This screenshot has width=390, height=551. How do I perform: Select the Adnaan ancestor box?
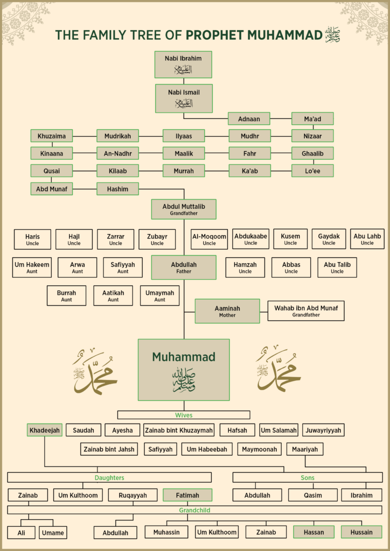coord(249,118)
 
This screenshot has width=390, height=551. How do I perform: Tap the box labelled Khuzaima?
coord(52,136)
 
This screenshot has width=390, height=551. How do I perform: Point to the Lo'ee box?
coord(312,171)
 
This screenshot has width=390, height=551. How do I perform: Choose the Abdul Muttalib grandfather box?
coord(184,209)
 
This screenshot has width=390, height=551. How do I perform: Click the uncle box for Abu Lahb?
coord(367,239)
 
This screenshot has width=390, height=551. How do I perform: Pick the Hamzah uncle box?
coord(245,267)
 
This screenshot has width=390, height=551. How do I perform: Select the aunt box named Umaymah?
coord(160,295)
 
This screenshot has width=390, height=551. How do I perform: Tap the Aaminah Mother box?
coord(227,311)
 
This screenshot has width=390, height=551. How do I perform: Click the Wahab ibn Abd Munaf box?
coord(305,311)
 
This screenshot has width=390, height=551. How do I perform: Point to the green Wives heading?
coord(184,415)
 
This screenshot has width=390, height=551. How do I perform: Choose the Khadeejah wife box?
coord(44,430)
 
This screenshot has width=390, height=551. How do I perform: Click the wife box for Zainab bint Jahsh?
coord(109,449)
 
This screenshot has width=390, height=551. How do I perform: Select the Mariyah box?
coord(305,449)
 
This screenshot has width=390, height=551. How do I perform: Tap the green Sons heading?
coord(308,477)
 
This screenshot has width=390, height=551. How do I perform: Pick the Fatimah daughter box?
coord(187,495)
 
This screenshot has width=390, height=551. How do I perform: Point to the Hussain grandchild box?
coord(361,532)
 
